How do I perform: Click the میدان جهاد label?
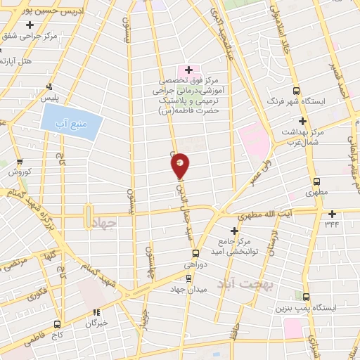point(186,288)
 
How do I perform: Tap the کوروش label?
point(18,172)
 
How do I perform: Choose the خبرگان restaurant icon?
point(97,314)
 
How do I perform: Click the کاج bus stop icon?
point(57,324)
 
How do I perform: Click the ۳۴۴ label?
point(332,224)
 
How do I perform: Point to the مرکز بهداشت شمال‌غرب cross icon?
point(302,121)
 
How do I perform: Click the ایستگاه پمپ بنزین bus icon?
point(307,297)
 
